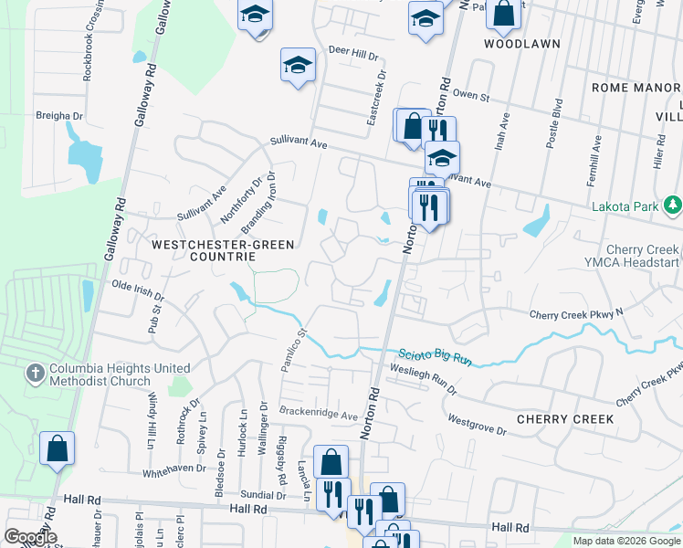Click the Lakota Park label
[625, 206]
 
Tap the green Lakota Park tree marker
[673, 204]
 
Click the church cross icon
[35, 373]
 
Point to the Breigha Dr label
[59, 116]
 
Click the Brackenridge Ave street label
[319, 414]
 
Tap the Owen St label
[472, 95]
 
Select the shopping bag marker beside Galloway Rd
[57, 449]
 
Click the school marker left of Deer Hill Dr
[298, 66]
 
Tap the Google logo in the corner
[30, 537]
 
